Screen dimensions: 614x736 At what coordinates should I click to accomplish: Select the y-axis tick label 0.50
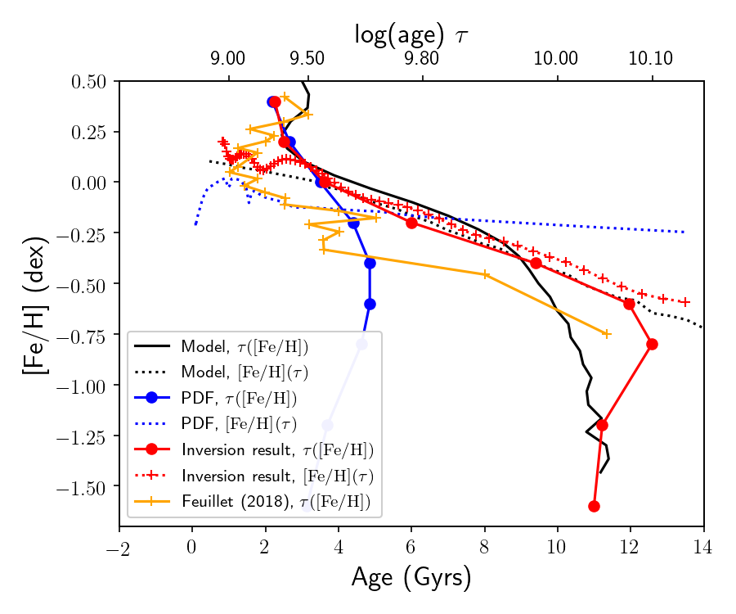[91, 81]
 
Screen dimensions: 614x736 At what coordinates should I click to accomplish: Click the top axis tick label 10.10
[652, 59]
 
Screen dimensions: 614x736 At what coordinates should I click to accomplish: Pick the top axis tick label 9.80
[422, 59]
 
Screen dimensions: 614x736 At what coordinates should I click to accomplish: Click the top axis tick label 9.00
[228, 59]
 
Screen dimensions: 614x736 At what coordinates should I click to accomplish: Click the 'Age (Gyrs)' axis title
[411, 578]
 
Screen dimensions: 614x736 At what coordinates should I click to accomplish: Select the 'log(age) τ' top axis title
[411, 34]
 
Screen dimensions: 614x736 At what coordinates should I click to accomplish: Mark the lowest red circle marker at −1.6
[594, 507]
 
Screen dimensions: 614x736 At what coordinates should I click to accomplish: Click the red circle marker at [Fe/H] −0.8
[652, 344]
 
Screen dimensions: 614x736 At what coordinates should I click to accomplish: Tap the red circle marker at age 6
[411, 223]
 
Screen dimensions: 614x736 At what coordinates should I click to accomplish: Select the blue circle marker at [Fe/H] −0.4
[370, 263]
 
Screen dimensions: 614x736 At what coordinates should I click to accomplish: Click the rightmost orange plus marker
[607, 334]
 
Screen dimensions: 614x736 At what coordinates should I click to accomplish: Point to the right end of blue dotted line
[684, 233]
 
